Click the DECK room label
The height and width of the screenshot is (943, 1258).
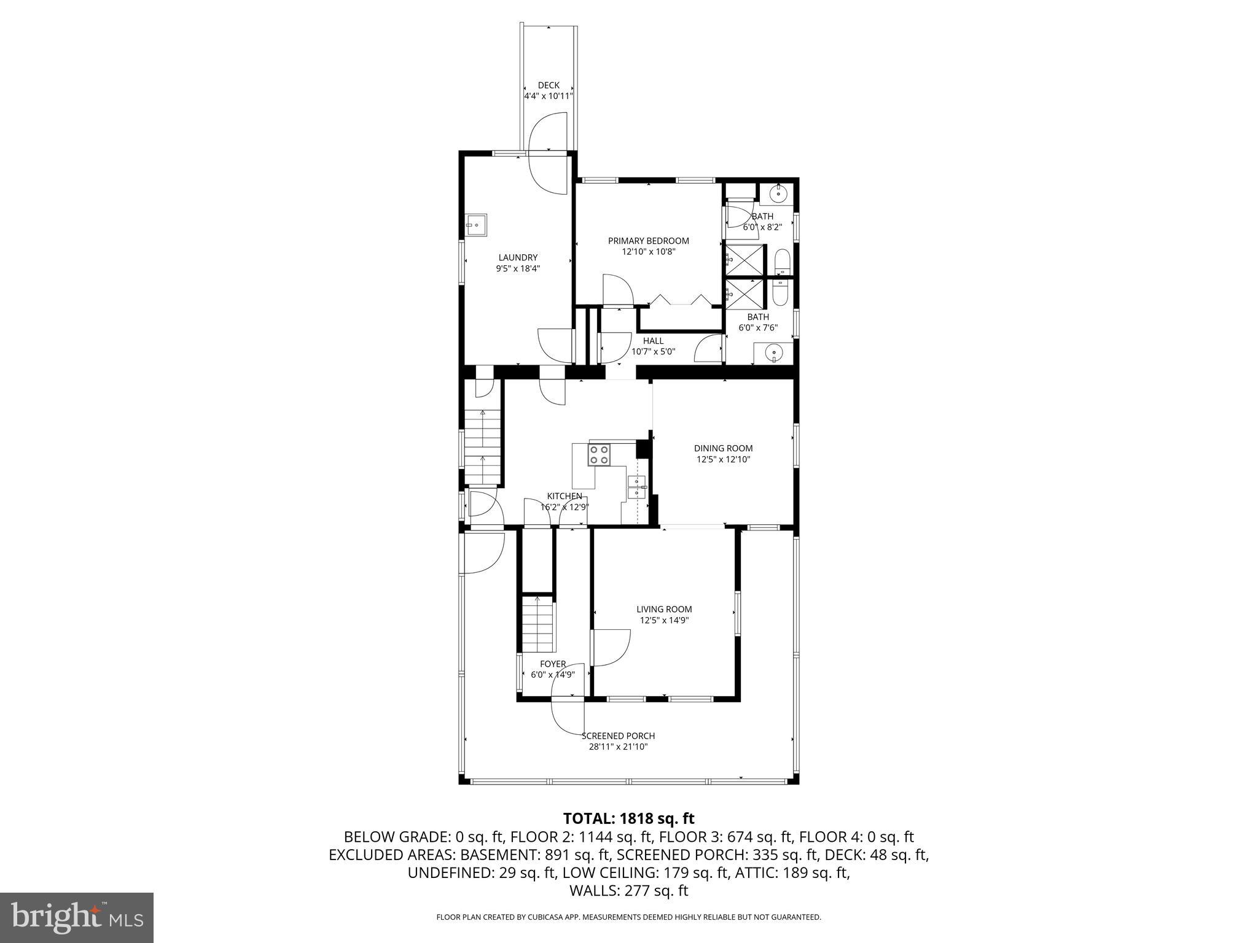549,85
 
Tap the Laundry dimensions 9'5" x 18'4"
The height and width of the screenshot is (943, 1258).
518,268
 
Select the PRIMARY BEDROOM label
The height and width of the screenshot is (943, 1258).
648,241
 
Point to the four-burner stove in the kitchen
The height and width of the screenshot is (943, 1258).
600,455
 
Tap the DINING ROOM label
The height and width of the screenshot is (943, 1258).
723,448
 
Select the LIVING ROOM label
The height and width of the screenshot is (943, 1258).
664,609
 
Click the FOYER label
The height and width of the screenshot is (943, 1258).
553,664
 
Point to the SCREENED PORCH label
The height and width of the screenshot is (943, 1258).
618,735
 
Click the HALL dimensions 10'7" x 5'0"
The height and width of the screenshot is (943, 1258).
653,352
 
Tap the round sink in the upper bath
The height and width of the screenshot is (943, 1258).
778,194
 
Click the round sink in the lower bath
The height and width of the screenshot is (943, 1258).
774,352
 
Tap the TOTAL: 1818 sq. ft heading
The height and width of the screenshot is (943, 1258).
628,818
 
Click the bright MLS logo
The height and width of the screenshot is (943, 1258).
77,918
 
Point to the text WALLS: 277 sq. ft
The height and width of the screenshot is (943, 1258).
628,891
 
